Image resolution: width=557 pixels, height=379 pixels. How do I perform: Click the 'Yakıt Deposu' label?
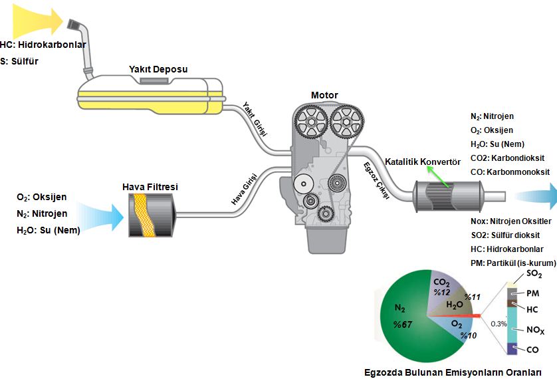[x=158, y=69]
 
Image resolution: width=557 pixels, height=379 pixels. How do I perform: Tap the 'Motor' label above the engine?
[x=324, y=95]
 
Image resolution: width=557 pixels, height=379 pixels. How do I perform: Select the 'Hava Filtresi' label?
[x=150, y=187]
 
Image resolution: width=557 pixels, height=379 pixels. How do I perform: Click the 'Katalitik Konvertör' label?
[x=423, y=162]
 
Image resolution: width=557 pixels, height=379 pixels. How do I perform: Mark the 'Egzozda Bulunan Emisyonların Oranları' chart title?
[x=453, y=372]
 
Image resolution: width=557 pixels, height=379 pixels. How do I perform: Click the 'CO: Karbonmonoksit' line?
[x=509, y=172]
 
